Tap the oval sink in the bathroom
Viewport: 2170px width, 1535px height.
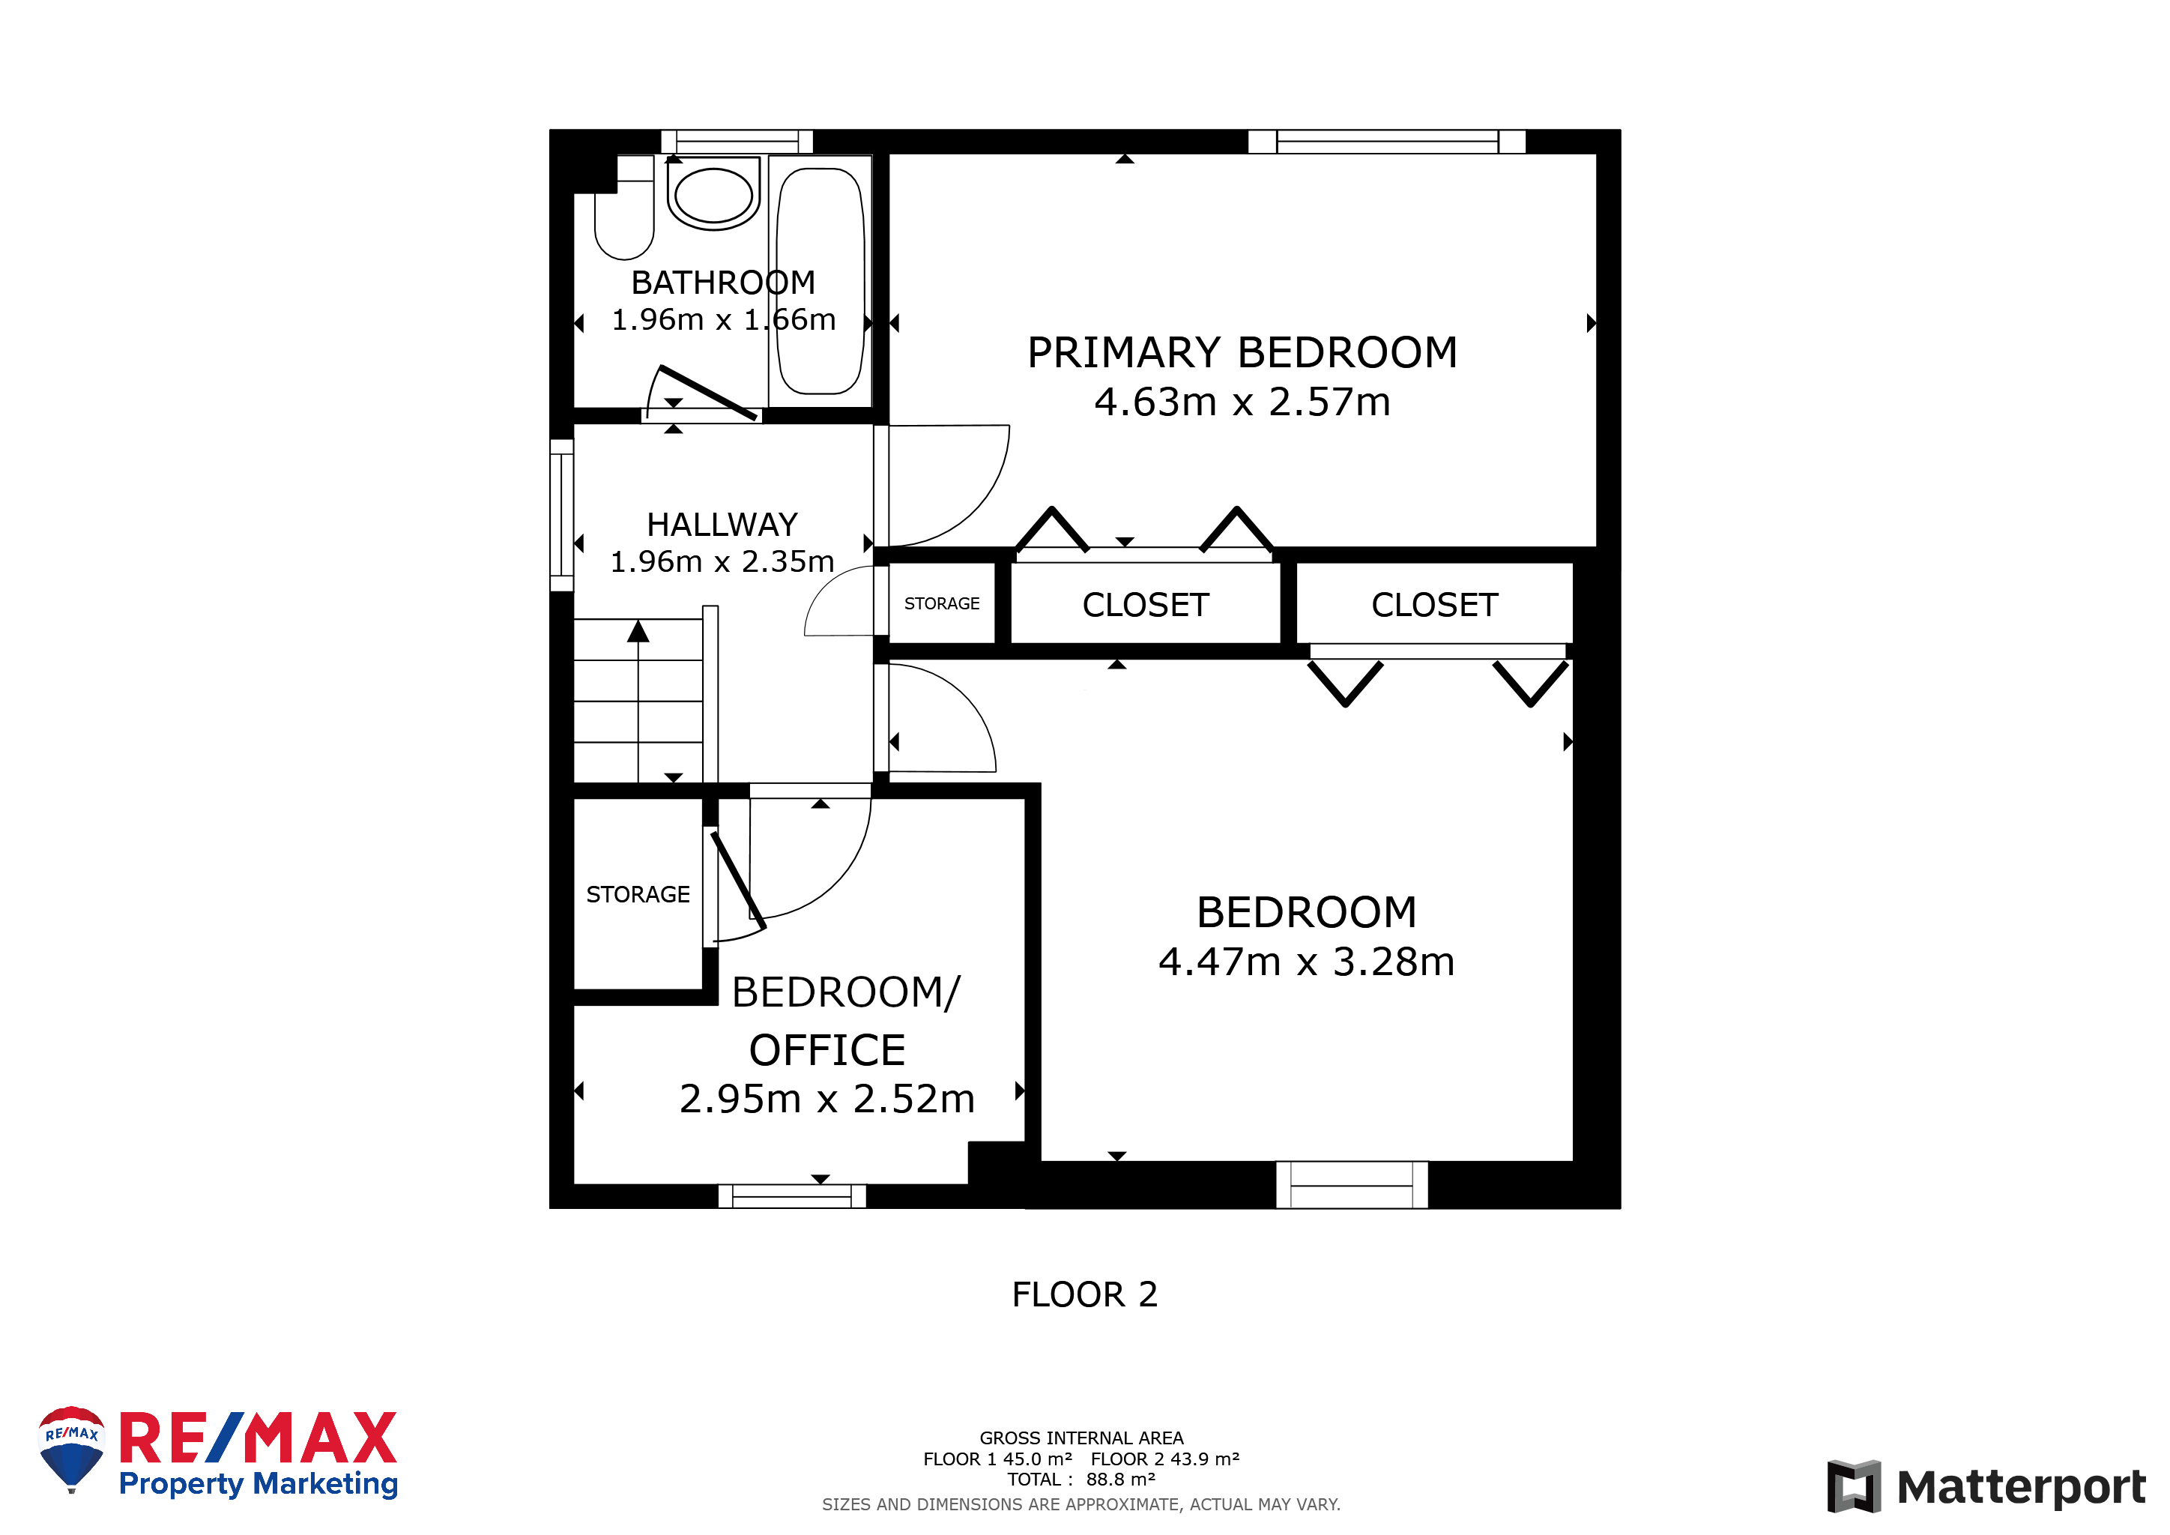click(x=713, y=195)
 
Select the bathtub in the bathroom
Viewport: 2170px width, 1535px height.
click(x=820, y=281)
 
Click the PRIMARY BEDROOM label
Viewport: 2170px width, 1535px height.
click(x=1242, y=352)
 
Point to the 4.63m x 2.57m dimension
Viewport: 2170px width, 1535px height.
click(x=1242, y=402)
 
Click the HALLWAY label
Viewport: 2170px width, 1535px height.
click(x=722, y=525)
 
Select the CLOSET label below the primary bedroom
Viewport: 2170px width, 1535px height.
click(x=1146, y=605)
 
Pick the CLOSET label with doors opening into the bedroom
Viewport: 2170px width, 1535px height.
click(x=1435, y=605)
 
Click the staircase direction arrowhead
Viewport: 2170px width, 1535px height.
click(x=639, y=631)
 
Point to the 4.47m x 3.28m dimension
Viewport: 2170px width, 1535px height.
click(x=1306, y=962)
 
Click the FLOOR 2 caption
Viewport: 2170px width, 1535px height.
click(x=1085, y=1294)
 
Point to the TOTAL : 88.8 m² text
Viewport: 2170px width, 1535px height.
click(x=1081, y=1480)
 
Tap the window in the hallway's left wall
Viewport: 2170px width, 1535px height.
click(x=561, y=515)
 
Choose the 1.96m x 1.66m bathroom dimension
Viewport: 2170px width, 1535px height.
click(x=724, y=319)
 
